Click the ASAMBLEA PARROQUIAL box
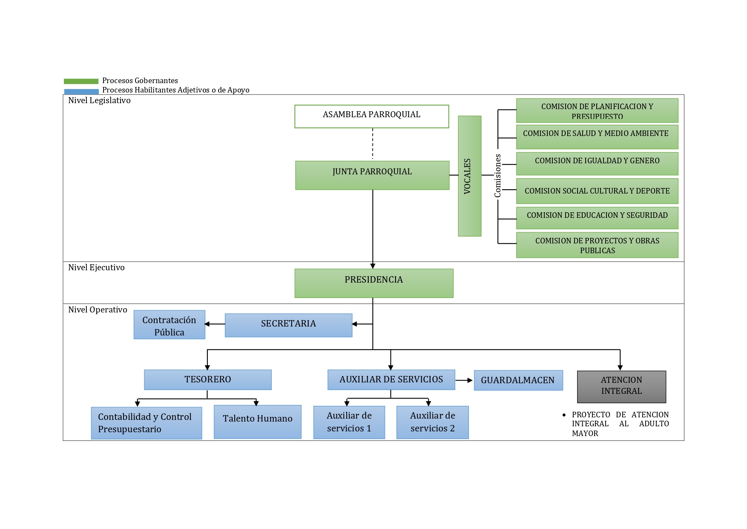pyautogui.click(x=371, y=116)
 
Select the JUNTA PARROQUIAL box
pyautogui.click(x=372, y=175)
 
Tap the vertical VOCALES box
pyautogui.click(x=469, y=176)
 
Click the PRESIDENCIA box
pyautogui.click(x=373, y=283)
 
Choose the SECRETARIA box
pyautogui.click(x=288, y=325)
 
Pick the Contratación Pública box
pyautogui.click(x=169, y=325)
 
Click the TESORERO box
pyautogui.click(x=207, y=380)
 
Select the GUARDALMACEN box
pyautogui.click(x=518, y=380)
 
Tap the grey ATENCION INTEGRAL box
pyautogui.click(x=621, y=387)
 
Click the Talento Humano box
pyautogui.click(x=257, y=422)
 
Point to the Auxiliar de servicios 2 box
pyautogui.click(x=432, y=422)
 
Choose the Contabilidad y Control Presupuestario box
pyautogui.click(x=146, y=423)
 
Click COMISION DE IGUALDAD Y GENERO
pyautogui.click(x=597, y=164)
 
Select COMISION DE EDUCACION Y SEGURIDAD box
pyautogui.click(x=597, y=218)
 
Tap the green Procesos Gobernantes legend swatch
pyautogui.click(x=81, y=81)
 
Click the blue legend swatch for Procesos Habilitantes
pyautogui.click(x=81, y=91)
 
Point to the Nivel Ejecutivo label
pyautogui.click(x=96, y=268)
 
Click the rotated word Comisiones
pyautogui.click(x=497, y=176)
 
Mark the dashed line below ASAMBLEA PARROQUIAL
pyautogui.click(x=373, y=144)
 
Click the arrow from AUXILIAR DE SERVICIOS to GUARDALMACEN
pyautogui.click(x=464, y=380)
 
